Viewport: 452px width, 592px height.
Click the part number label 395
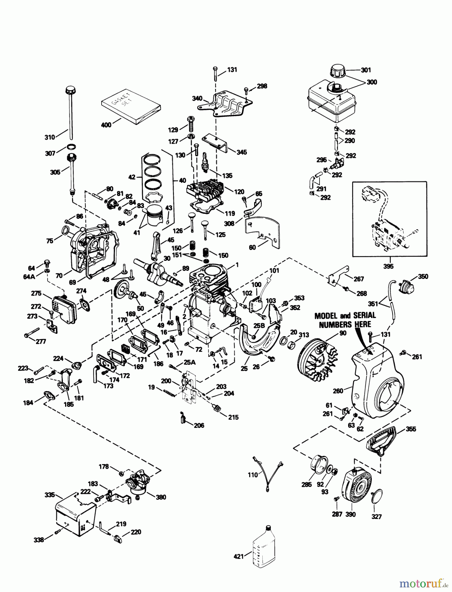(x=388, y=266)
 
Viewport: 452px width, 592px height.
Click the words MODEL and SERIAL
(x=345, y=316)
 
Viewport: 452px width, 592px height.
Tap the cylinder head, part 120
(x=205, y=190)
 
